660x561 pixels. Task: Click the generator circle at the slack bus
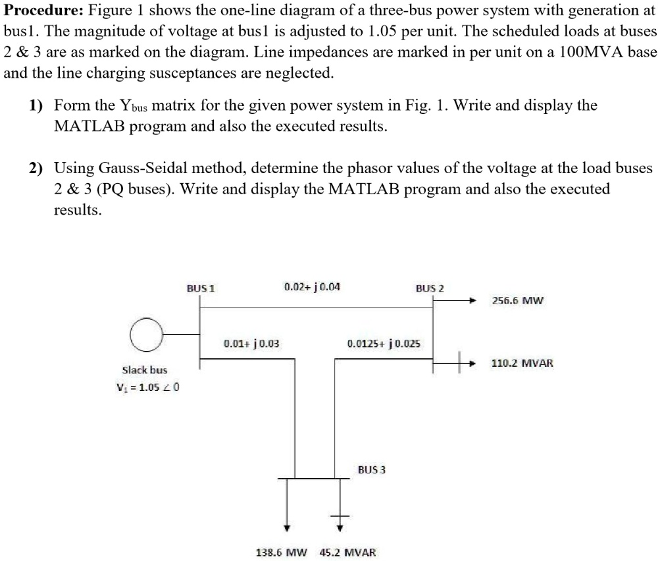tap(146, 335)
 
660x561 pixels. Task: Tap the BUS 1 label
tap(201, 288)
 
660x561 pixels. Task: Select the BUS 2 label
tap(430, 288)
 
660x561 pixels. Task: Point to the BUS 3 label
tap(372, 469)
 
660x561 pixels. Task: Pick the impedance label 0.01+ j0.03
tap(251, 343)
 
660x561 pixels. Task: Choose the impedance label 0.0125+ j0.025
tap(384, 343)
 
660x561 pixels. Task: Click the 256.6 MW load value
tap(518, 301)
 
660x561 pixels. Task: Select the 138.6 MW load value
tap(281, 552)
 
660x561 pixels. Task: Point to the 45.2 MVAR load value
tap(347, 552)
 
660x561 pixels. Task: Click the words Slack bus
tap(145, 370)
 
